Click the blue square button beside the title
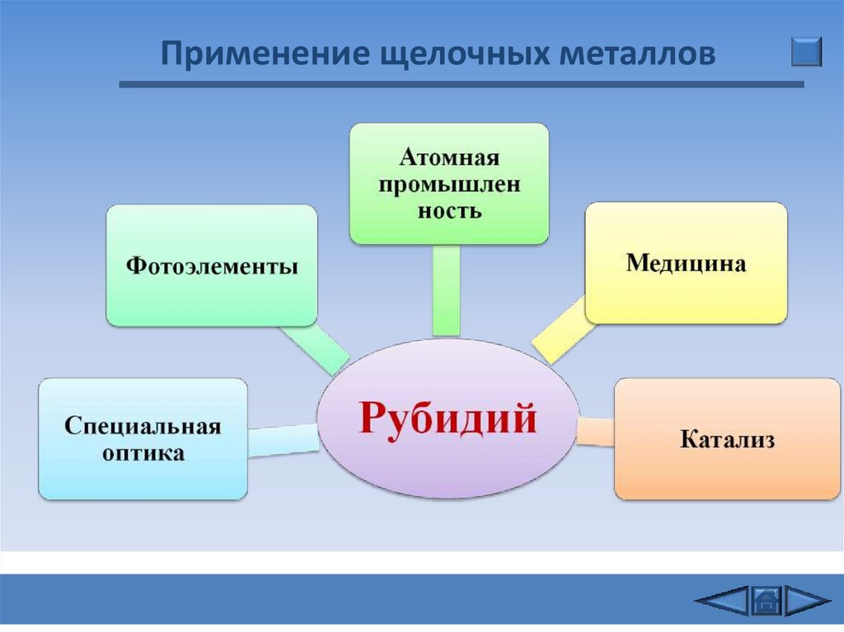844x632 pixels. coord(806,51)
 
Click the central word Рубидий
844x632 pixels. coord(448,418)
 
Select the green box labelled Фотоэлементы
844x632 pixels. coord(212,266)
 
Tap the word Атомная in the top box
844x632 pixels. coord(449,157)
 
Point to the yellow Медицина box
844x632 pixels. coord(686,264)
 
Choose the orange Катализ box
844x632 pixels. coord(727,438)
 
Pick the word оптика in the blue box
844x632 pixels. coord(143,453)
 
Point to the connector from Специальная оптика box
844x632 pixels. coord(283,439)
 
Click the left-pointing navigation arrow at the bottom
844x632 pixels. coord(722,601)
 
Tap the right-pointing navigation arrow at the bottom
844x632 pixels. coord(805,601)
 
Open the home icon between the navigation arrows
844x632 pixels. coord(766,601)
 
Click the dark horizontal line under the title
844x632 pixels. coord(462,84)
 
